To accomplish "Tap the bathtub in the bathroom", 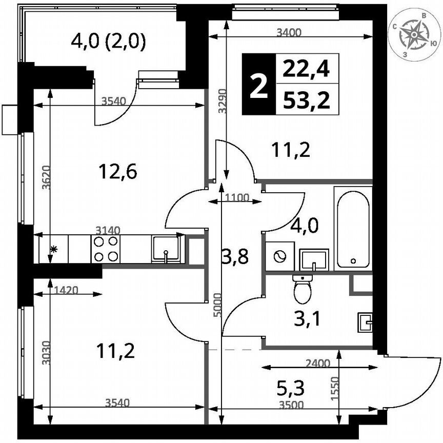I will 353,228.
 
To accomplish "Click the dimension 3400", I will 289,33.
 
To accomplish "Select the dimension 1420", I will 65,290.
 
